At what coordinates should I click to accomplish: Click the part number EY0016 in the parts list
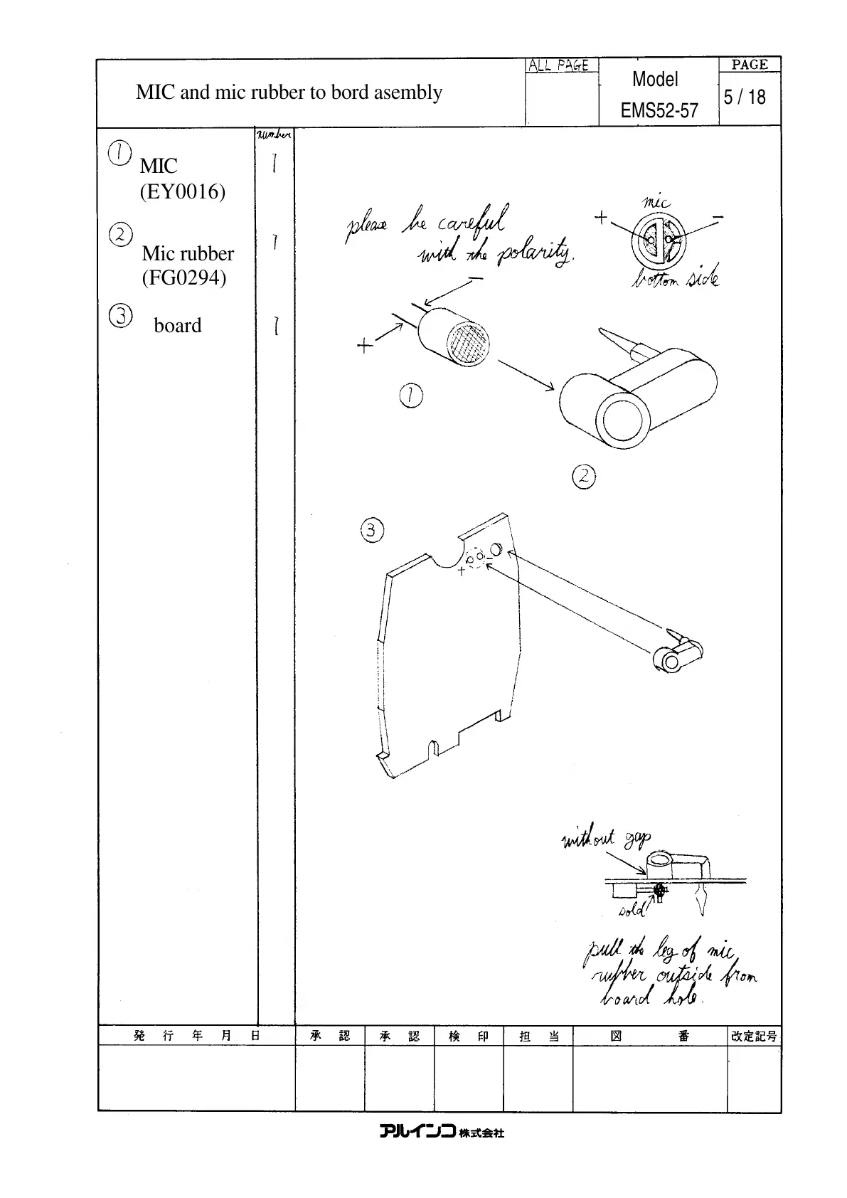[x=183, y=192]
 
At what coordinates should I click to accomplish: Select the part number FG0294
[x=184, y=277]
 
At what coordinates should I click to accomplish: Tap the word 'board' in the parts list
[x=178, y=326]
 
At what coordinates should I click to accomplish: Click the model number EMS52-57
[x=659, y=111]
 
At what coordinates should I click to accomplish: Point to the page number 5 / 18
[x=745, y=97]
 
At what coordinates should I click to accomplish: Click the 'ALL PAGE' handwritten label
[x=558, y=65]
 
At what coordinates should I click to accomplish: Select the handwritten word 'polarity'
[x=535, y=255]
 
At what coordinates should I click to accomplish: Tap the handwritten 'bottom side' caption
[x=675, y=277]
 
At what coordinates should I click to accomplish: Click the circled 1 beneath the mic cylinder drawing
[x=411, y=396]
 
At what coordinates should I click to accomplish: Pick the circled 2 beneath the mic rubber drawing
[x=584, y=476]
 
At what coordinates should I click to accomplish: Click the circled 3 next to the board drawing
[x=372, y=530]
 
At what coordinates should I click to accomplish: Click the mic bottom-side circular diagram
[x=658, y=240]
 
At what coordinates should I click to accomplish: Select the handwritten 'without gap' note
[x=605, y=840]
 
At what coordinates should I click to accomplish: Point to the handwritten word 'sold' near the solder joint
[x=631, y=910]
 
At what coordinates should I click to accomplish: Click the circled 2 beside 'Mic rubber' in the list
[x=120, y=234]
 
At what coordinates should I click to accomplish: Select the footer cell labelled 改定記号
[x=754, y=1036]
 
